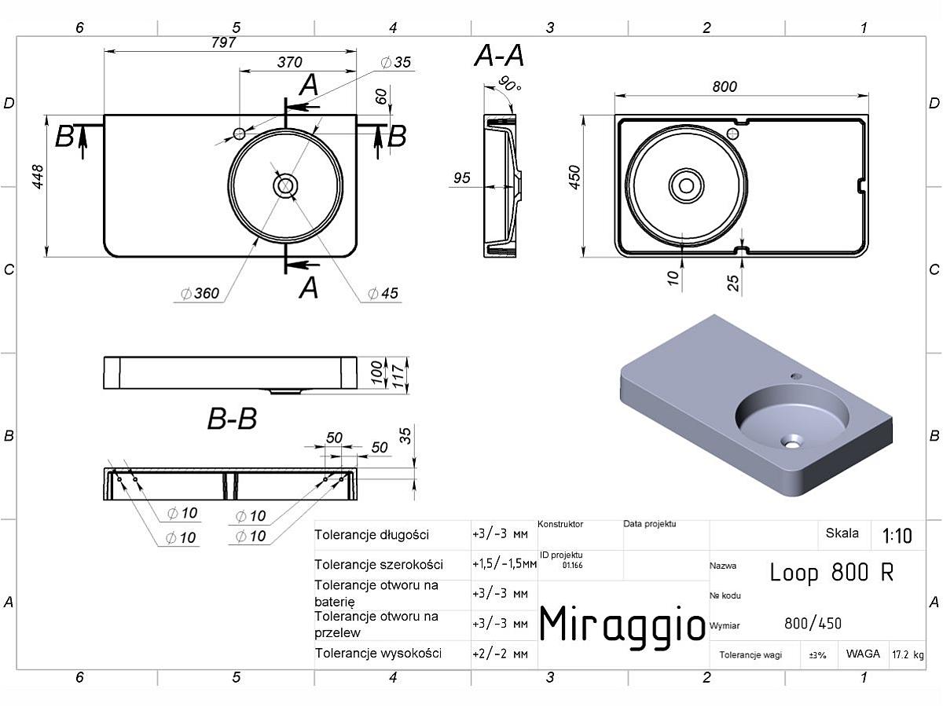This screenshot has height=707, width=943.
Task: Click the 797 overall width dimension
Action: point(223,42)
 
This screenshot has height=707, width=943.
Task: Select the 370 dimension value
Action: point(289,62)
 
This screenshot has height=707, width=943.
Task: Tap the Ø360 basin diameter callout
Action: point(200,293)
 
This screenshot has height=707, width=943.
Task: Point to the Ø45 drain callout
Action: point(383,293)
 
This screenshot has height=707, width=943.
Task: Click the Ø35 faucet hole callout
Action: point(396,62)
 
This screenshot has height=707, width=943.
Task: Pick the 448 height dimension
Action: point(38,177)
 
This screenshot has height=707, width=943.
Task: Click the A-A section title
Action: point(499,56)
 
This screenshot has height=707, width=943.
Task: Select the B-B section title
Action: point(232,419)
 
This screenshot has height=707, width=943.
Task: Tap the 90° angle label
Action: point(510,84)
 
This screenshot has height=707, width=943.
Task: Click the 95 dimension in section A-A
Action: point(462,178)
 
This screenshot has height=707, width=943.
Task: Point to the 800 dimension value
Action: point(725,86)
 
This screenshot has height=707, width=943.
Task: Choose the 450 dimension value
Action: point(574,178)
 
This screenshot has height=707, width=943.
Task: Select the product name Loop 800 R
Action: point(831,572)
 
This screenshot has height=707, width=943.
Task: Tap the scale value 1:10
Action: point(897,536)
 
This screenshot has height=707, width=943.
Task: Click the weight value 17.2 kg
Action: point(908,654)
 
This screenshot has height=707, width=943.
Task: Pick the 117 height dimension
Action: point(398,376)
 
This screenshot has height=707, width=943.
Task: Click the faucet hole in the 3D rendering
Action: point(796,376)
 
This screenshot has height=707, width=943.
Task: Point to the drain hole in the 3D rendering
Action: point(791,441)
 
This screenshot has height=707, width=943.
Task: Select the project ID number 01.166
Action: point(572,566)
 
